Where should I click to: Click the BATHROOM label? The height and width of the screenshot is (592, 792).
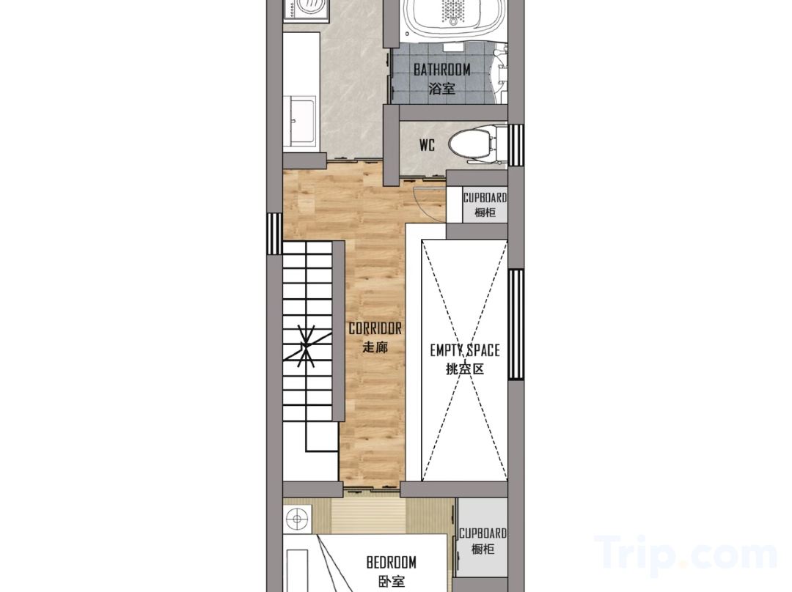click(x=442, y=69)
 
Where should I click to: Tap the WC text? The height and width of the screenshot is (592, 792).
click(x=427, y=146)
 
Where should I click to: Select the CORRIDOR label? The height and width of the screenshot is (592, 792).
click(x=375, y=328)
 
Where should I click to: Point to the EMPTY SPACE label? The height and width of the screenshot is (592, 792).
click(x=465, y=350)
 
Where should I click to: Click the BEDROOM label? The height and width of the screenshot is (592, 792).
click(x=392, y=562)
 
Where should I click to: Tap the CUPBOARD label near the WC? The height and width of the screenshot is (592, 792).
click(x=485, y=198)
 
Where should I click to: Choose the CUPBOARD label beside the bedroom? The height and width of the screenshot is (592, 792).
click(x=483, y=533)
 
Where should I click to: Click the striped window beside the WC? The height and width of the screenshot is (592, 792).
click(x=516, y=145)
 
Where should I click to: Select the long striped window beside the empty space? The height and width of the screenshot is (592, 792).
click(x=516, y=325)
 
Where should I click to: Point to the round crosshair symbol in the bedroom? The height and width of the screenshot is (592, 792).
click(x=296, y=519)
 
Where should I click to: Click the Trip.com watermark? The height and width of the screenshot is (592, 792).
click(x=686, y=555)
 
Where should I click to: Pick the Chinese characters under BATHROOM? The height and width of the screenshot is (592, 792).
click(x=441, y=89)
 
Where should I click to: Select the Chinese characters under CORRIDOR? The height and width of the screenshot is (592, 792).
click(x=375, y=347)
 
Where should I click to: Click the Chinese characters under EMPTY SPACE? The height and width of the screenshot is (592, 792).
click(x=465, y=369)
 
